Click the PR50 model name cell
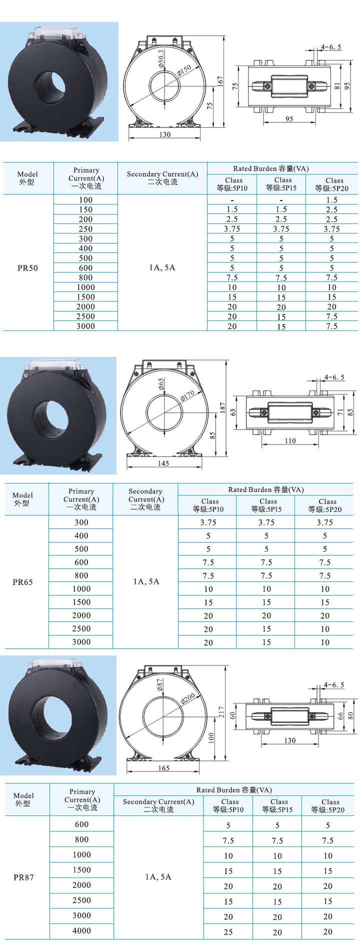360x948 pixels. [27, 268]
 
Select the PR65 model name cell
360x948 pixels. [23, 582]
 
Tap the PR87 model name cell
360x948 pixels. [23, 877]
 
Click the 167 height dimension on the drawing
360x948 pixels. [220, 82]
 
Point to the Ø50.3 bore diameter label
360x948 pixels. [160, 58]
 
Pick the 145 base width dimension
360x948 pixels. [163, 463]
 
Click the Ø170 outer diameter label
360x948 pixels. [187, 394]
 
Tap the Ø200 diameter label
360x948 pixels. [188, 698]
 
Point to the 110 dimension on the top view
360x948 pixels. [290, 441]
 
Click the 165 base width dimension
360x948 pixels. [163, 768]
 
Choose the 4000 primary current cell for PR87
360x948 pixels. [81, 931]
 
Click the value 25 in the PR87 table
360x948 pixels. [228, 932]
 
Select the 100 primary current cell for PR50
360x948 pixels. [85, 199]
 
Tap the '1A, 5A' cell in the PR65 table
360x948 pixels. [146, 581]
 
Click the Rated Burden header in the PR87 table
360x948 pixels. [234, 790]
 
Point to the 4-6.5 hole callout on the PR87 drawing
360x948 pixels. [333, 684]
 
